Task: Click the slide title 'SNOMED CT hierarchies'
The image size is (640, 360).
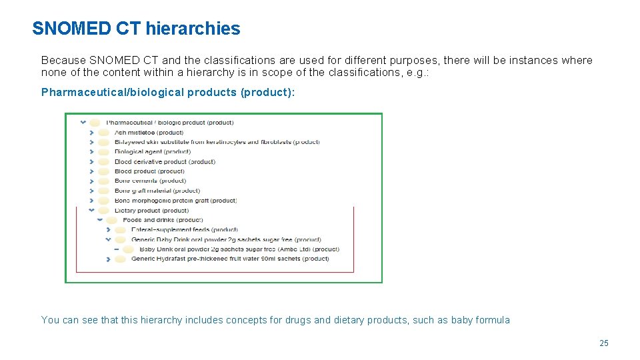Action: point(136,29)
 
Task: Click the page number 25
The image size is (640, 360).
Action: point(604,343)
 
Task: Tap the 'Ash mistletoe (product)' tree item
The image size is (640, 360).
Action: point(149,132)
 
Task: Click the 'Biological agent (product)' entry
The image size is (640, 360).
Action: point(152,151)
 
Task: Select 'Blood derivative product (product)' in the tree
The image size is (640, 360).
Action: point(165,161)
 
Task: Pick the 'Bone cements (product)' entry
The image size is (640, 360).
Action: point(150,181)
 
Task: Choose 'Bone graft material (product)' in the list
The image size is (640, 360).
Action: point(157,191)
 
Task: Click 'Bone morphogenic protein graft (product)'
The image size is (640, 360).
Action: point(175,200)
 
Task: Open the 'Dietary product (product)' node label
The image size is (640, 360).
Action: point(151,210)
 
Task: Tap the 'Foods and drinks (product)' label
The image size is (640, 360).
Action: point(163,219)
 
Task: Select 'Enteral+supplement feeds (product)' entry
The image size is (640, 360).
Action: point(185,229)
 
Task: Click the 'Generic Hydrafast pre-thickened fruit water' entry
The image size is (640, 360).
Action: point(230,259)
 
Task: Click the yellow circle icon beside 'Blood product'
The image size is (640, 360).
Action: point(103,171)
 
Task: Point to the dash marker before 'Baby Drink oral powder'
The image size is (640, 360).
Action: point(117,249)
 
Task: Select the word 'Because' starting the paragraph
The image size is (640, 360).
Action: point(63,60)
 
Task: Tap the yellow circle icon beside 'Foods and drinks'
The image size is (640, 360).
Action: point(111,219)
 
